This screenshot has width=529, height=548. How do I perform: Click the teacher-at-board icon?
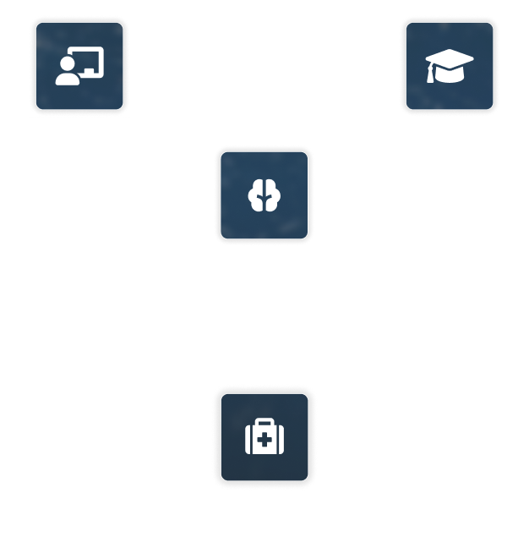tap(79, 66)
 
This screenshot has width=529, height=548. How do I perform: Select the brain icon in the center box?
tap(264, 195)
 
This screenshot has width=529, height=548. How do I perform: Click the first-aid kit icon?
tap(264, 438)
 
